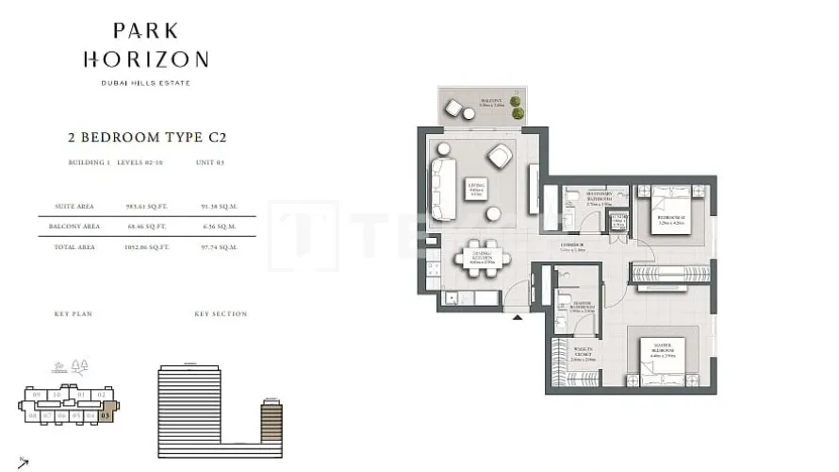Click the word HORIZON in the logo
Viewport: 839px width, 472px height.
145,59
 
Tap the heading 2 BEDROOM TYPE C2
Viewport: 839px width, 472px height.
148,137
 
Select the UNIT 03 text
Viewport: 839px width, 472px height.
208,162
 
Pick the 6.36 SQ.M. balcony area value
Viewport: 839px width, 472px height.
218,226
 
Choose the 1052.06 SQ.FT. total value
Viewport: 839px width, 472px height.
146,246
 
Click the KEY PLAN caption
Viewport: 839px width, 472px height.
74,313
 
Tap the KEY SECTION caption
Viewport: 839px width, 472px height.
221,313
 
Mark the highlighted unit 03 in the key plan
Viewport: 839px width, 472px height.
106,413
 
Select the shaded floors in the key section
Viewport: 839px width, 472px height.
272,420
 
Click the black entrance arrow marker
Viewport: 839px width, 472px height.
517,318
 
